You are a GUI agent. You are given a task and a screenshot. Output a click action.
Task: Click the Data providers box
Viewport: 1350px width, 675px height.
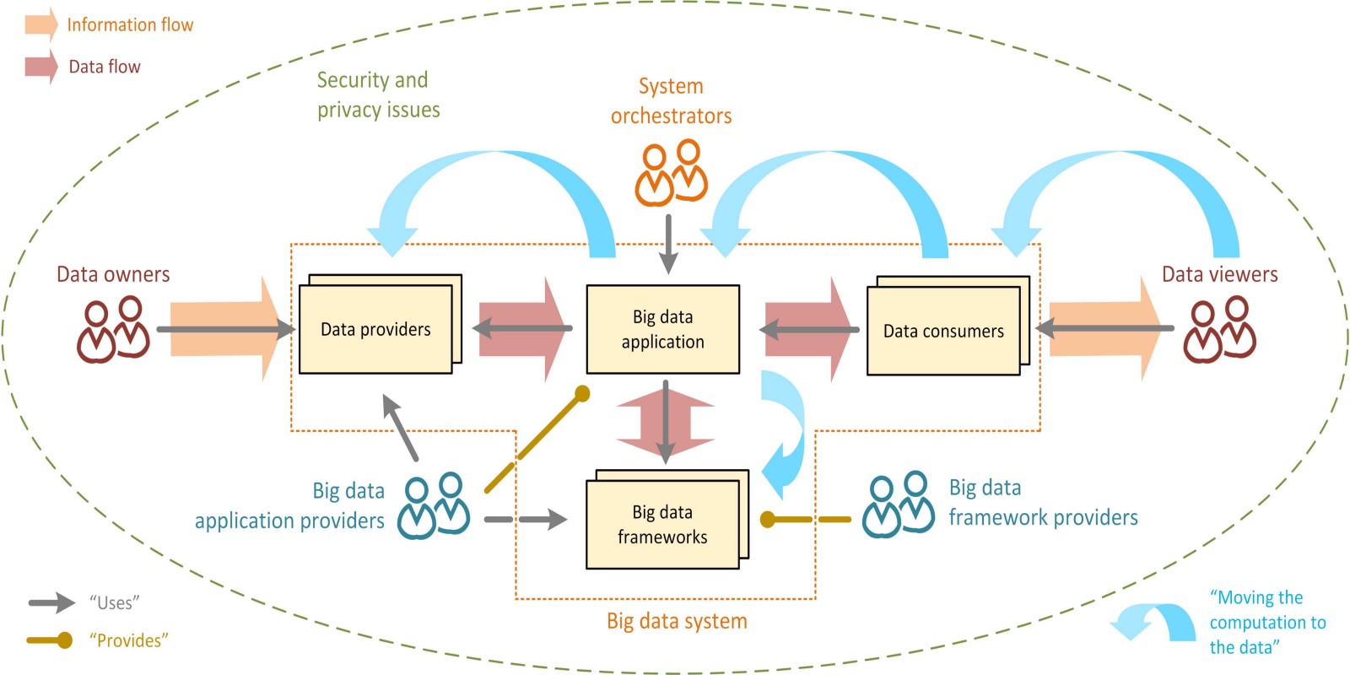pos(375,329)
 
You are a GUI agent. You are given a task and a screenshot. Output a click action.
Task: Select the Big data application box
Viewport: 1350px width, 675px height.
pos(662,329)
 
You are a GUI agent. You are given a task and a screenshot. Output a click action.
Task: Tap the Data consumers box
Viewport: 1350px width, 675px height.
pos(943,331)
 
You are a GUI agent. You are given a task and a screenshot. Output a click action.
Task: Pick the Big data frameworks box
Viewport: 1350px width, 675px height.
pos(662,524)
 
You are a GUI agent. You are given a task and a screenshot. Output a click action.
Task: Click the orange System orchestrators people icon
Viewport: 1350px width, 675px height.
pos(671,174)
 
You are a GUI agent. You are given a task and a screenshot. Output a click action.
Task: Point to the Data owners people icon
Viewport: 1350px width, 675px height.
pos(113,330)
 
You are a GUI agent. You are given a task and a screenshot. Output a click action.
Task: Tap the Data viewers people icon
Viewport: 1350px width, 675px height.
pos(1219,330)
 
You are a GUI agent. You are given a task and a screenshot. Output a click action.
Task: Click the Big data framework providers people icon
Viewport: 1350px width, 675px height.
pos(898,505)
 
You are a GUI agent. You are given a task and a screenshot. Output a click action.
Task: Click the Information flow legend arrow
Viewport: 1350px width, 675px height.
pos(40,24)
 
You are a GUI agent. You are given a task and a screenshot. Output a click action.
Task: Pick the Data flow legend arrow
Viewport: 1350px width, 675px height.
pos(40,67)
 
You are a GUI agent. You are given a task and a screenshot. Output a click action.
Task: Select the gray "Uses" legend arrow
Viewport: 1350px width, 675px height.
pos(51,602)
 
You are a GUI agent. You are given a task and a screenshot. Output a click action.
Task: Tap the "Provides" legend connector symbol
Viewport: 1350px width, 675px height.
pos(51,640)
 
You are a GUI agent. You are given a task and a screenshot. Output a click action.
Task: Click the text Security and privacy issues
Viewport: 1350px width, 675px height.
pos(377,94)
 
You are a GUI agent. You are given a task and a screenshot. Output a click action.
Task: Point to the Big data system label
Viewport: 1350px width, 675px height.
pos(677,621)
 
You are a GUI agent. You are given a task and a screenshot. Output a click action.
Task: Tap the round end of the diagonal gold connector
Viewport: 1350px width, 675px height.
pos(581,393)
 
